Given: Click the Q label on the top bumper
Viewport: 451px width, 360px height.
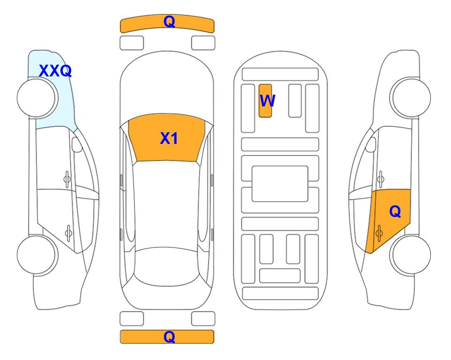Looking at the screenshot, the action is coord(169,22).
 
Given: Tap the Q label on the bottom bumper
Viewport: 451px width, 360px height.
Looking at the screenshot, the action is coord(169,337).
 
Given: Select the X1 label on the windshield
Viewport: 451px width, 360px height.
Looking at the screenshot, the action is coord(169,138).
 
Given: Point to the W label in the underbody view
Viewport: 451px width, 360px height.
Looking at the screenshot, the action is coord(267,101).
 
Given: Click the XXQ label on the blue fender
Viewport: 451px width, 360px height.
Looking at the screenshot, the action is coord(55,71).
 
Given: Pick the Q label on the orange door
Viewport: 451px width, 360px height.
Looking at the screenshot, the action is coord(395,212).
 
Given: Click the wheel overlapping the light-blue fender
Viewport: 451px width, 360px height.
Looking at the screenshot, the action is coord(37,98).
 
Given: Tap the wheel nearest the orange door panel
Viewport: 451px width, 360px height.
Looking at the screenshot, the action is coord(410,255).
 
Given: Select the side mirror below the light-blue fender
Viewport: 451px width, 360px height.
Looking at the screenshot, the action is coord(77,144).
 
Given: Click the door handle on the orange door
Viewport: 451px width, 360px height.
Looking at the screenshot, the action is coord(379,233).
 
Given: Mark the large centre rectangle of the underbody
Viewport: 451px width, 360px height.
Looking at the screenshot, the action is coord(280,184).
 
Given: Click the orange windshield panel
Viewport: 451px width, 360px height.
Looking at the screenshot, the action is coord(167,137).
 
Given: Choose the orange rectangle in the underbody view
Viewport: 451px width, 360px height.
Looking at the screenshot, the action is coord(265,101).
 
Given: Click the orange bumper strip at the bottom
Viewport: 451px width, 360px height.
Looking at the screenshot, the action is coord(167,337).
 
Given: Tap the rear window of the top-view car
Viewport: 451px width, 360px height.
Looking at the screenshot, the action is coord(167,266).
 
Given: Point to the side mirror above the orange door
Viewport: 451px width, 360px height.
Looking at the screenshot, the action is coord(371,144).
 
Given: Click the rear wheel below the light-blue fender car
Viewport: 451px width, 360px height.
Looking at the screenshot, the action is coord(37,255).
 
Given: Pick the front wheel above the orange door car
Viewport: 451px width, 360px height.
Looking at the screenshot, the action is coord(410,98).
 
